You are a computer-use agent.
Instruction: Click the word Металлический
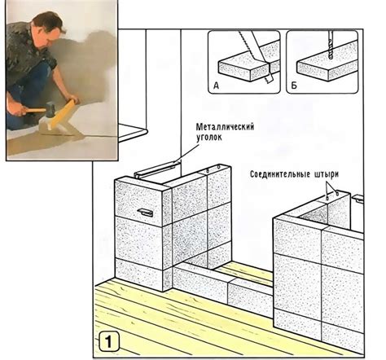225,127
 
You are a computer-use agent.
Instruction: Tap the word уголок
208,137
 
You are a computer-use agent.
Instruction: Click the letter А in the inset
216,86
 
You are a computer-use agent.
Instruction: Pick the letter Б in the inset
294,86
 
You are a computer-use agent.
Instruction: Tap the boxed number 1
108,341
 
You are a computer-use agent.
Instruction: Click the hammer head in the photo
50,109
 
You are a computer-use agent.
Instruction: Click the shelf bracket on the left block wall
146,213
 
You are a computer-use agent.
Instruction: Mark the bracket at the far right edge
358,198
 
